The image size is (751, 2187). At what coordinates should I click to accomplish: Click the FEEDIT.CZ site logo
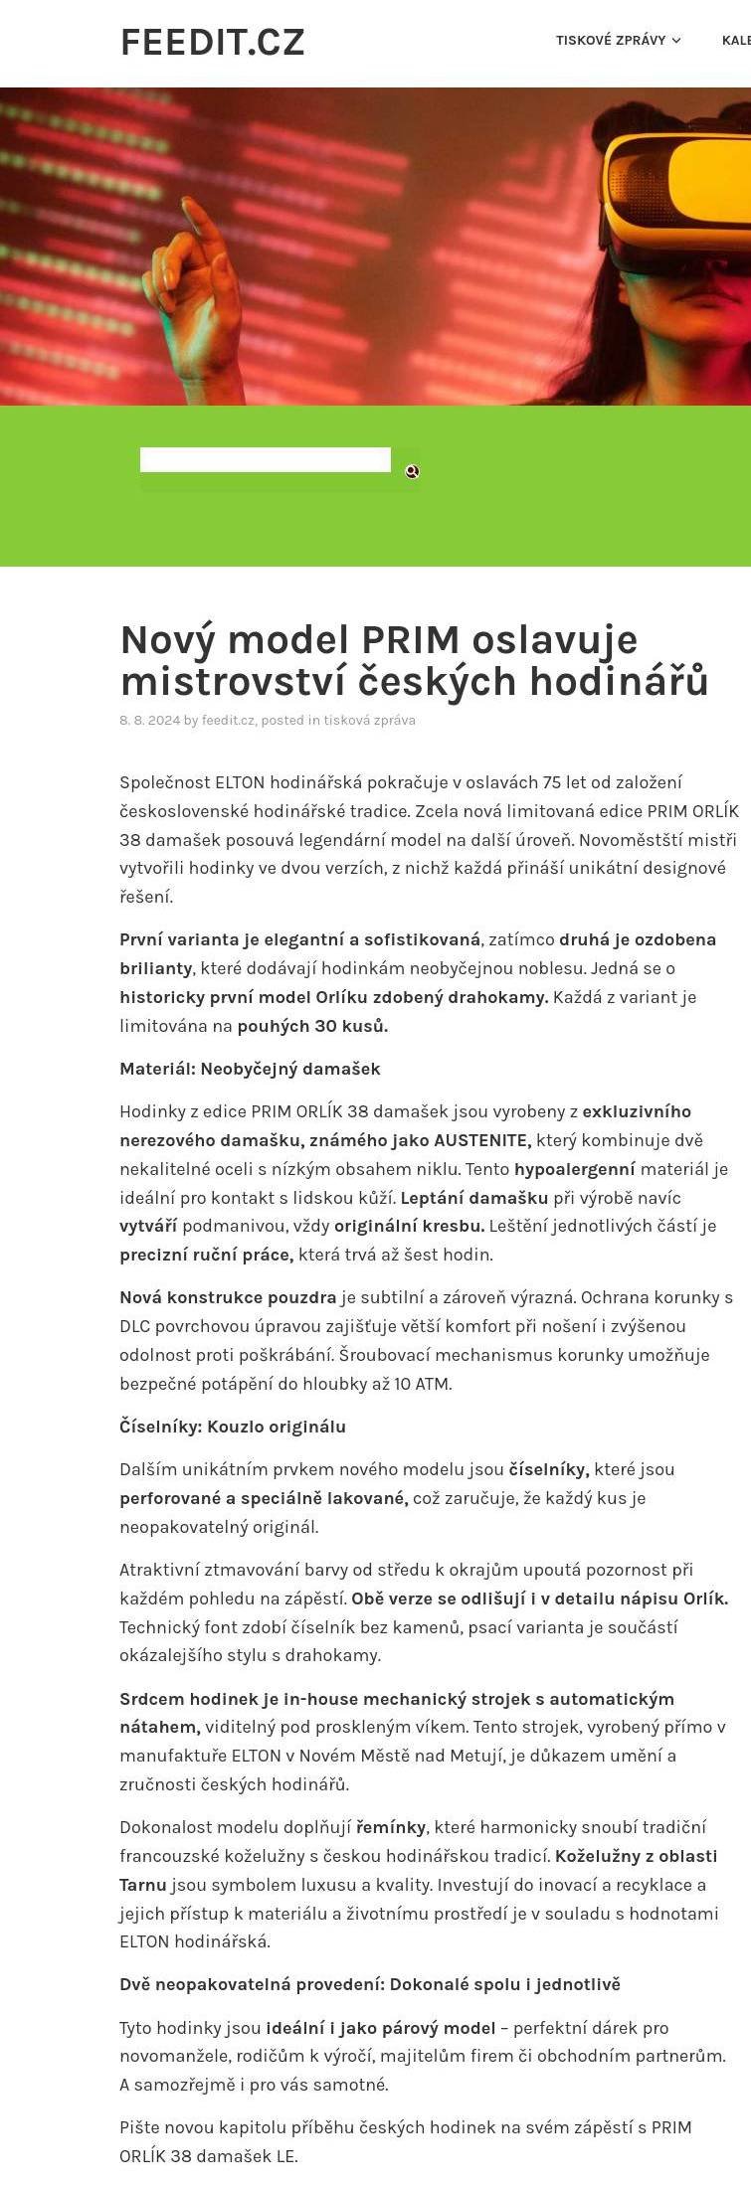212,43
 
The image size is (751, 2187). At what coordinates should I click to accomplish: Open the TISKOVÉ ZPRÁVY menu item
610,41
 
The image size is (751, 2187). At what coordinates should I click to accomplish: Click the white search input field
265,460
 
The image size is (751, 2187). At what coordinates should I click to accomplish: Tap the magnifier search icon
412,471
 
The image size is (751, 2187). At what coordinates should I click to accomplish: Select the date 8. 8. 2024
149,721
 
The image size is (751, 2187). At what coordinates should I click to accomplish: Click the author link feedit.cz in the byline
229,721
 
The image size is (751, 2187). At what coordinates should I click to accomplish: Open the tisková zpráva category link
369,721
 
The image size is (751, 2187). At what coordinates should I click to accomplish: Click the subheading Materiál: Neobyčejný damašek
250,1069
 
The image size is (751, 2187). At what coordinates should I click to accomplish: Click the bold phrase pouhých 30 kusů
312,1026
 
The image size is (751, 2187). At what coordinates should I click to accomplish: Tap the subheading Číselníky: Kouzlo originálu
233,1427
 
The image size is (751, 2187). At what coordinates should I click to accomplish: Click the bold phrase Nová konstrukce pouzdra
228,1297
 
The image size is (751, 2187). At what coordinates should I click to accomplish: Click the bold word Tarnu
142,1885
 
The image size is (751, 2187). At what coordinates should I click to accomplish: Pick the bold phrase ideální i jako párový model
380,2028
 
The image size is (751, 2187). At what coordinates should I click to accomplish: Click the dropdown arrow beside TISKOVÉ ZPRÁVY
676,41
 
